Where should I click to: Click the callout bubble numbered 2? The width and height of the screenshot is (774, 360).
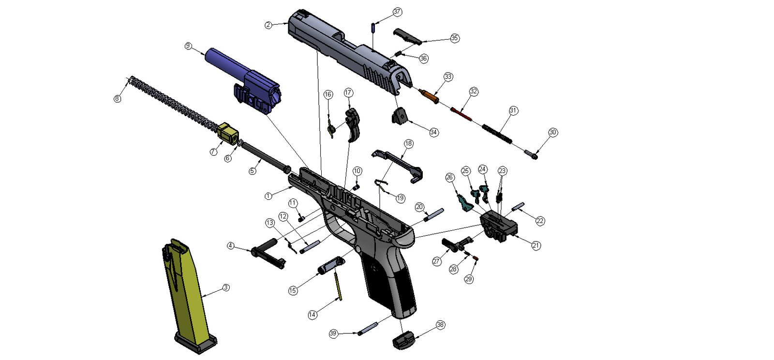(268, 25)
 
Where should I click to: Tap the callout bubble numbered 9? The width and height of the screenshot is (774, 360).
(188, 46)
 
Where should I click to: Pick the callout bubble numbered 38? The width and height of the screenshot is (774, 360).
(440, 325)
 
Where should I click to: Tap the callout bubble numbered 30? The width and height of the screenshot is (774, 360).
(553, 133)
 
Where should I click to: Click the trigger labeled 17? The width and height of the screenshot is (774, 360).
(354, 123)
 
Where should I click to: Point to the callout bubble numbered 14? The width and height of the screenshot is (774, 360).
(313, 315)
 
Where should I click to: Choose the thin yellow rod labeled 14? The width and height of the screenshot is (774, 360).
(338, 285)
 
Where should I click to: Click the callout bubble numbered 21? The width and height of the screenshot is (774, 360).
(536, 245)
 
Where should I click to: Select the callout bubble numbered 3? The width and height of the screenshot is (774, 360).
(225, 288)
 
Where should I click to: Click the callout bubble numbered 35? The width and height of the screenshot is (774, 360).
(455, 38)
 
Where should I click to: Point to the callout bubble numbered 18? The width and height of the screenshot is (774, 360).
(409, 144)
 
